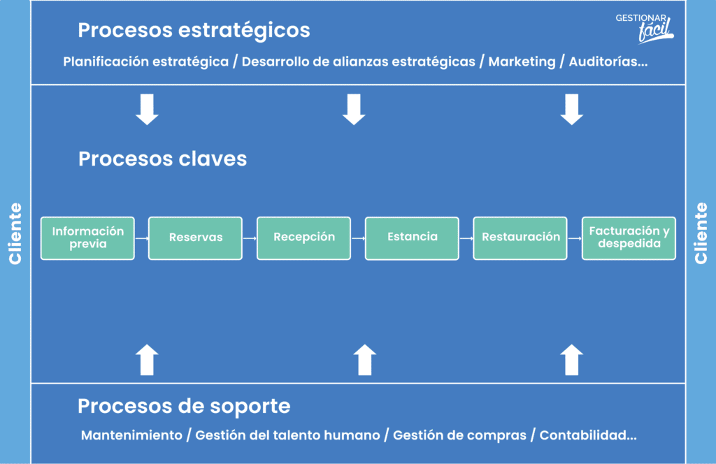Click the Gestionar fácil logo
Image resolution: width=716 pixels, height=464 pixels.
click(644, 28)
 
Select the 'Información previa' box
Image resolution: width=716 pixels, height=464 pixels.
click(87, 238)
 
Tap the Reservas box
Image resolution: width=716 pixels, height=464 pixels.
click(196, 238)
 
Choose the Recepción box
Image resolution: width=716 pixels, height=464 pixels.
click(303, 238)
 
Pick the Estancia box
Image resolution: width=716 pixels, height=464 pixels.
click(412, 238)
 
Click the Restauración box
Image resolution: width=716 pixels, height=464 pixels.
click(520, 238)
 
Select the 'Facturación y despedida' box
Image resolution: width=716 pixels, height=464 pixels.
click(629, 238)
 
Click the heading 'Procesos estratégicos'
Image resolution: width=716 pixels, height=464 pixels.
click(194, 31)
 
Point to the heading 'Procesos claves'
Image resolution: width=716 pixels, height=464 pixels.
click(162, 159)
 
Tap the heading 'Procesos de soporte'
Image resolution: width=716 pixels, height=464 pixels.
click(184, 406)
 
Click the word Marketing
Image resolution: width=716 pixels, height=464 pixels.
click(522, 61)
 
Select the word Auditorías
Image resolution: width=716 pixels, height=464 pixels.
click(603, 61)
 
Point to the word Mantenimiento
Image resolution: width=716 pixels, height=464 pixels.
click(131, 435)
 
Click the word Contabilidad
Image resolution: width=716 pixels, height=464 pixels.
click(582, 435)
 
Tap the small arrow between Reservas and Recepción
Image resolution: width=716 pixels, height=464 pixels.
click(250, 238)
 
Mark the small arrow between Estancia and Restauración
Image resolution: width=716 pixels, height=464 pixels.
click(466, 238)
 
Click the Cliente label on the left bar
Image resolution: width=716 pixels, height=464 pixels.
click(15, 233)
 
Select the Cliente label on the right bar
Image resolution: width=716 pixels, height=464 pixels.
click(701, 233)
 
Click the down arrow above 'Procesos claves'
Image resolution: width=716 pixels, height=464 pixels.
click(147, 110)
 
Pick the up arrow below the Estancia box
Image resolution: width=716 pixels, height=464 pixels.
click(365, 360)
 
